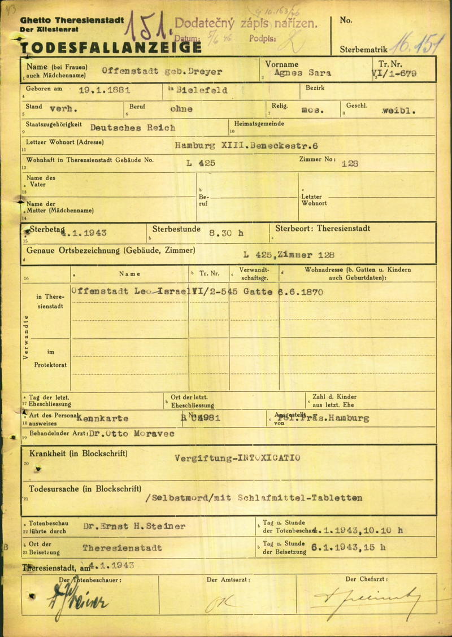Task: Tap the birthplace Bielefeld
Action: click(202, 90)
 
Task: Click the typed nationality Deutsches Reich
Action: click(133, 128)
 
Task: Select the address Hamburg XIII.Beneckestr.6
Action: click(246, 145)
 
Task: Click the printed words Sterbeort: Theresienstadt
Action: click(323, 229)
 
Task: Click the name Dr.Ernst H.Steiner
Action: click(134, 526)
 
